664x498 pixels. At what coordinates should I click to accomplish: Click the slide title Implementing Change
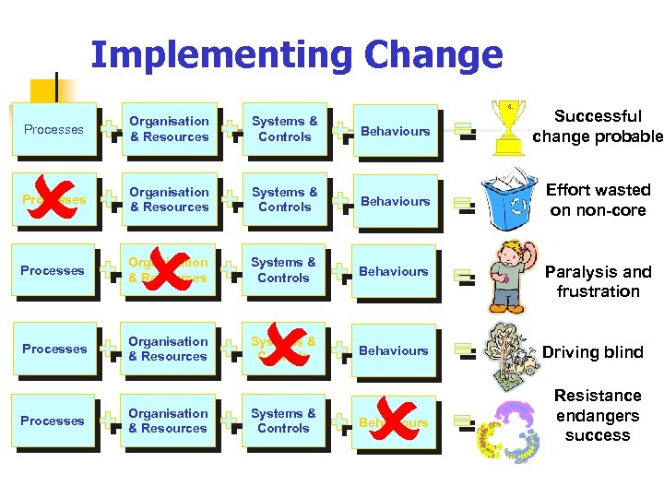tap(297, 55)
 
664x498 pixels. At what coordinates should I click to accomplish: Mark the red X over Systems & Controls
tap(287, 348)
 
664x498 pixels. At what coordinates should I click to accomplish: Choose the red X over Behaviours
tap(394, 421)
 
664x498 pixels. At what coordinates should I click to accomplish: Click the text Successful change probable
tap(598, 126)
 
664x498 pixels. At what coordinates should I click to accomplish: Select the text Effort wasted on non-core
tap(598, 199)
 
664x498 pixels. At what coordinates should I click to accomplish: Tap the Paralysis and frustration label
tap(598, 281)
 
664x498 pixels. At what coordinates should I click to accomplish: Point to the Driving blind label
tap(593, 352)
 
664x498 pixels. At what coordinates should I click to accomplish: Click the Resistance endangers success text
tap(598, 415)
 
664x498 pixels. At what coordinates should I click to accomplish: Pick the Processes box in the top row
tap(53, 130)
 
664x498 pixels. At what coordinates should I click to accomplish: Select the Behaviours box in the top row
tap(395, 131)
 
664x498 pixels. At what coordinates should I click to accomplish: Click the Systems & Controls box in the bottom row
tap(284, 421)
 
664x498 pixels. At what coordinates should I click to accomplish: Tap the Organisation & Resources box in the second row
tap(169, 199)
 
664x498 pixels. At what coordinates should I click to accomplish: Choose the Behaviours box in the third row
tap(395, 271)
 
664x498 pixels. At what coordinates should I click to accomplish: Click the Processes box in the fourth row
tap(53, 349)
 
